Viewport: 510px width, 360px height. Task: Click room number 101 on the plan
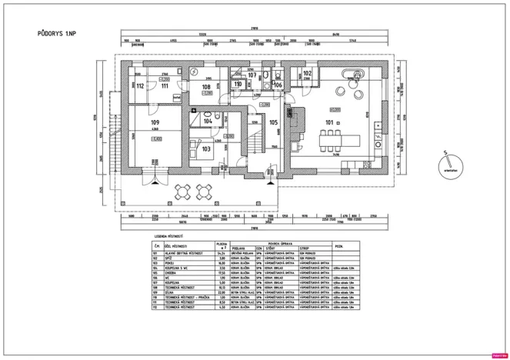[330, 122]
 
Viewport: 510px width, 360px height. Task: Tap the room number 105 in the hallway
[273, 122]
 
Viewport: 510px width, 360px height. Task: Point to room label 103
[206, 148]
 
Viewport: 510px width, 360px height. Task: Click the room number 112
[139, 86]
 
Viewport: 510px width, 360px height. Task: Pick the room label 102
[307, 72]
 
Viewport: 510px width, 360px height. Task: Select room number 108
[206, 87]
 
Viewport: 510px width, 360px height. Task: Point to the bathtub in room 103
[204, 154]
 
